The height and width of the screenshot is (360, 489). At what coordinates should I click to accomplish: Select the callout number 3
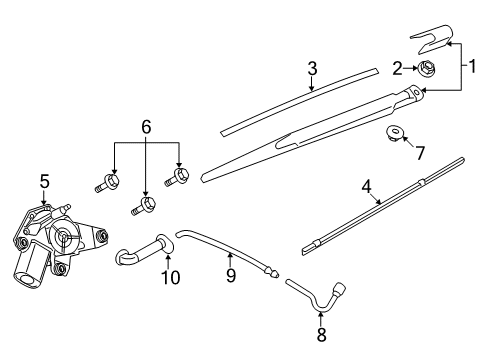(x=312, y=68)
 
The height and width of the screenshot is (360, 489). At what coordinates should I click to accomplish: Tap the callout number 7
(x=419, y=153)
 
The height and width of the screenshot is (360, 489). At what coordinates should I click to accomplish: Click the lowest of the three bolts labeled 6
(x=144, y=207)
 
